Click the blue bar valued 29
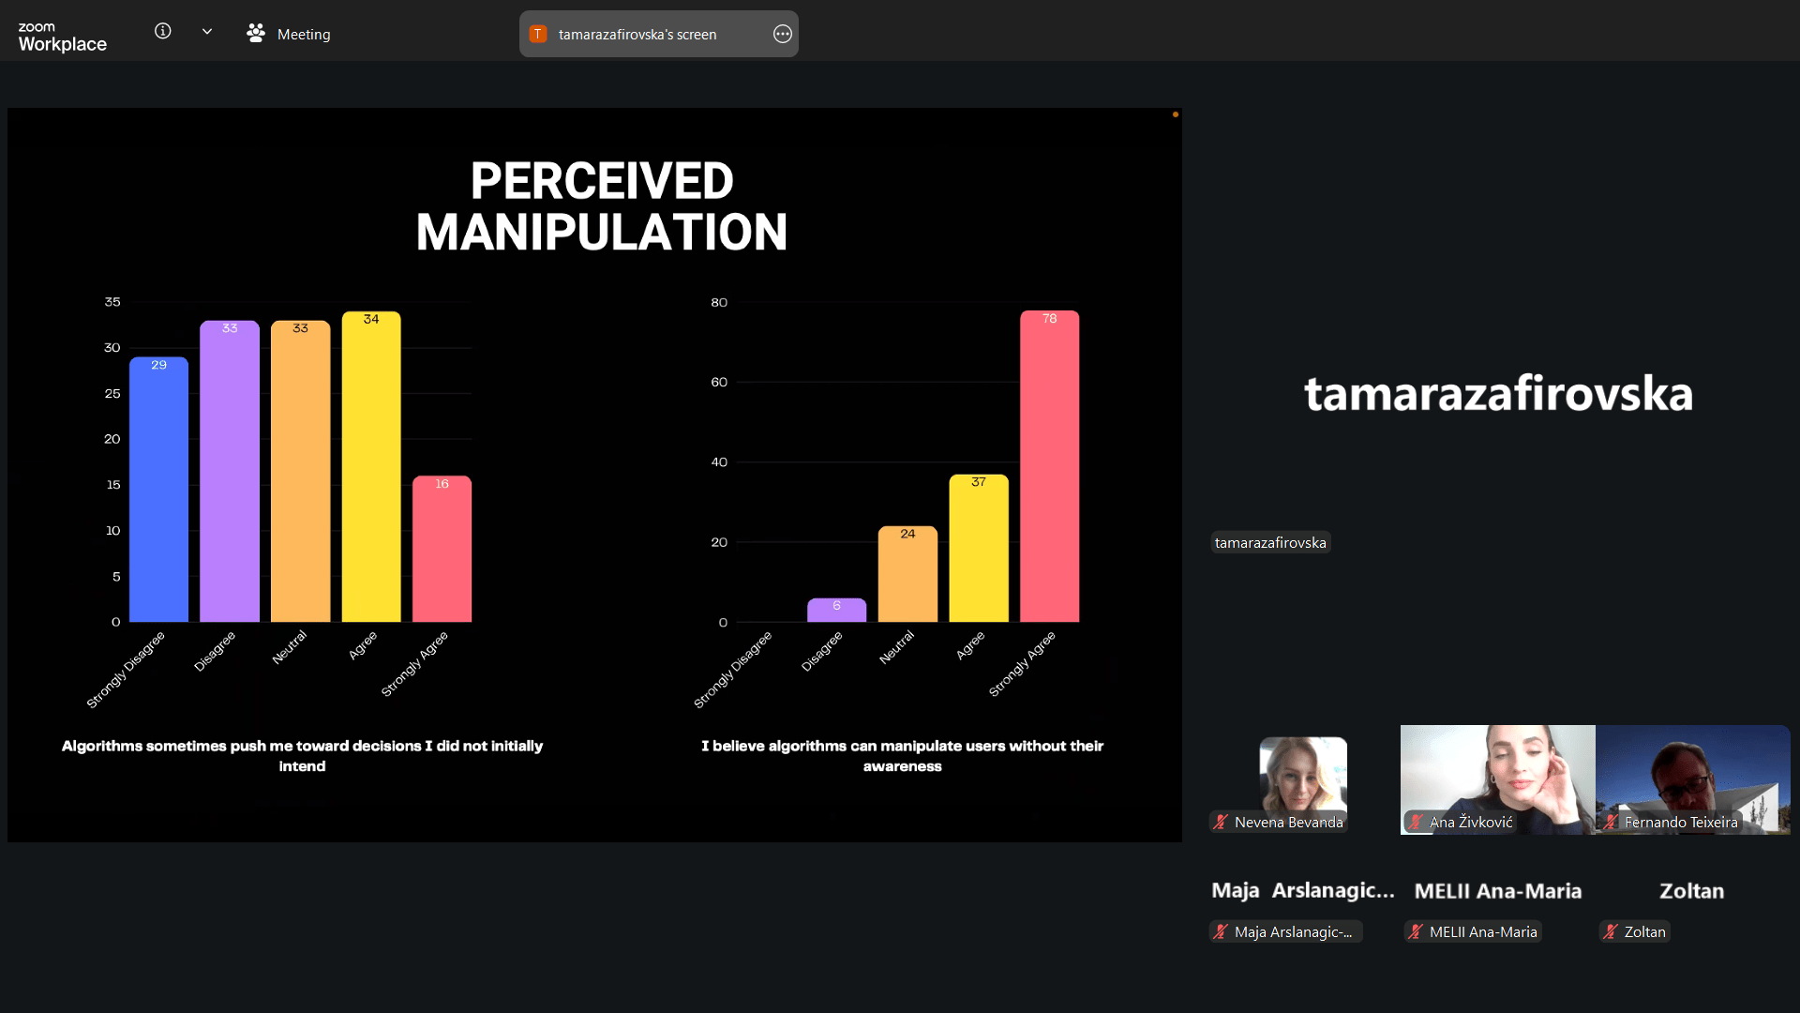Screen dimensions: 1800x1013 pyautogui.click(x=158, y=489)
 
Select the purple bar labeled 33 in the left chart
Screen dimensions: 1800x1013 pyautogui.click(x=230, y=471)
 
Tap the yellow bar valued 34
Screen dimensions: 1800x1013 pyautogui.click(x=371, y=466)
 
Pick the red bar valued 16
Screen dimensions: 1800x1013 pyautogui.click(x=442, y=549)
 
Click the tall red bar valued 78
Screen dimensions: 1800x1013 pyautogui.click(x=1049, y=466)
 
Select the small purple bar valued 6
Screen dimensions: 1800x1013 pyautogui.click(x=836, y=610)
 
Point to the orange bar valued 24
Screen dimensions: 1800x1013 pyautogui.click(x=907, y=574)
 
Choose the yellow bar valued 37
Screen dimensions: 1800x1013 pyautogui.click(x=979, y=548)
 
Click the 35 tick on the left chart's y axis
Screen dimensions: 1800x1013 pyautogui.click(x=112, y=302)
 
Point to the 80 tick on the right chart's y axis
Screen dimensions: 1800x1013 pyautogui.click(x=719, y=302)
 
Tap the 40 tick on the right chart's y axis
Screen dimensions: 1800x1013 pyautogui.click(x=719, y=462)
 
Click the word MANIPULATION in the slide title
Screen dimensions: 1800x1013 pyautogui.click(x=602, y=233)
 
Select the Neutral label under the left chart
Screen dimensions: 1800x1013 pyautogui.click(x=290, y=647)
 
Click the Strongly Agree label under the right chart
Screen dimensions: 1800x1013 pyautogui.click(x=1022, y=664)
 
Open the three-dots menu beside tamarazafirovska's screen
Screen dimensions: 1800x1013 pyautogui.click(x=783, y=34)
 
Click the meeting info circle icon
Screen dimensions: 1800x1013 pyautogui.click(x=163, y=31)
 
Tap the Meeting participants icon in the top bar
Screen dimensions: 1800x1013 pyautogui.click(x=256, y=34)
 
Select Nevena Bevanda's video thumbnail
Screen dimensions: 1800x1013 pyautogui.click(x=1303, y=784)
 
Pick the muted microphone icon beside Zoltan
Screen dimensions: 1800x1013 pyautogui.click(x=1610, y=931)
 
